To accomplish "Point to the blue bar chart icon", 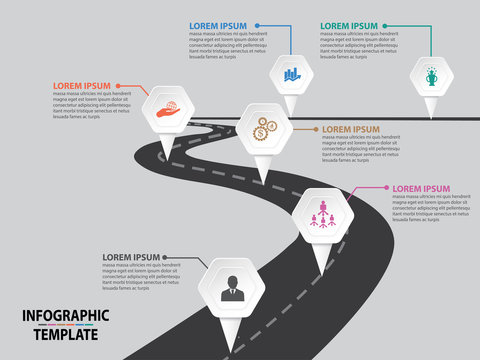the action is coord(292,73).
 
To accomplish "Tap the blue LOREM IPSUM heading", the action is coord(219,26).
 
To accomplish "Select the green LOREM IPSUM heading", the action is coord(349,26).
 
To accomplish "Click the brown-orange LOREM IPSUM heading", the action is coord(351,129).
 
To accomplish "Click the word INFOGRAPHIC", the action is coord(65,317).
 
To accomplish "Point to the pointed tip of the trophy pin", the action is coord(431,116).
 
